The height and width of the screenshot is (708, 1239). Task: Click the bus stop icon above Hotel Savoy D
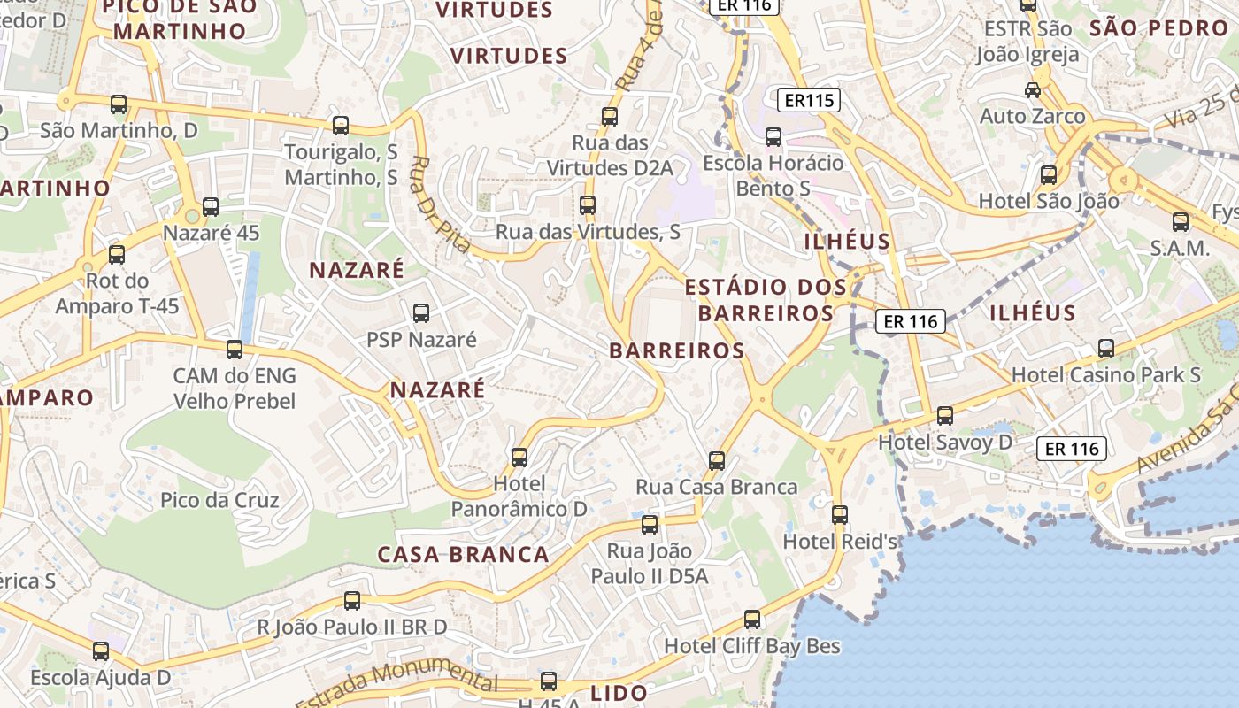tap(945, 415)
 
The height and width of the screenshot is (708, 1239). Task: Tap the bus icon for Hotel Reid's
tap(839, 514)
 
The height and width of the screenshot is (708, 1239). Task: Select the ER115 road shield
tap(809, 100)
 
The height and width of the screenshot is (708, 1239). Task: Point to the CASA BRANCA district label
tap(463, 555)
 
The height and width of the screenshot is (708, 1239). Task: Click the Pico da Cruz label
tap(219, 500)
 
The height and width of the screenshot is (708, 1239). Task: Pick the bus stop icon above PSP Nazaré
tap(421, 312)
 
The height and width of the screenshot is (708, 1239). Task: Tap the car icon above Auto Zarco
tap(1032, 89)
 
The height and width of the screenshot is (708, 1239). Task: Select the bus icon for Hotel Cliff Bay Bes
tap(752, 619)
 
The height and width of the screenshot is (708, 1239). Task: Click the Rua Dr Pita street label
tap(442, 204)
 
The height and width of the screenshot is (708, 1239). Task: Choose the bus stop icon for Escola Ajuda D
tap(101, 651)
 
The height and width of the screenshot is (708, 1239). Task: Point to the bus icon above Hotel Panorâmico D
tap(519, 457)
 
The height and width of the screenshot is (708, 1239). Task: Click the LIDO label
tap(619, 692)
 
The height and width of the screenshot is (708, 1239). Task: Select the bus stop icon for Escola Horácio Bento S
tap(773, 136)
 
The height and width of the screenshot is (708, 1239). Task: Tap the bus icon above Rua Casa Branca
tap(717, 460)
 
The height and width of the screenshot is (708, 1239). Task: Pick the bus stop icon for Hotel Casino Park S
tap(1105, 348)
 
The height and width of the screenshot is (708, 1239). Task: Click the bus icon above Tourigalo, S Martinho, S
tap(341, 125)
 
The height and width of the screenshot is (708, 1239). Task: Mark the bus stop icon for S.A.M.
tap(1180, 221)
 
